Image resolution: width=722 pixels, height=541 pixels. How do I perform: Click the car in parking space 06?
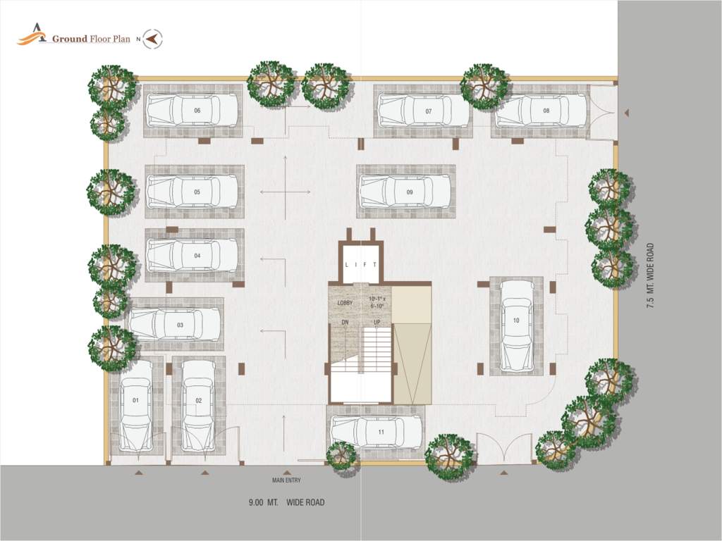[192, 111]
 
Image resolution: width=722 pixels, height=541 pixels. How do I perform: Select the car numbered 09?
[405, 192]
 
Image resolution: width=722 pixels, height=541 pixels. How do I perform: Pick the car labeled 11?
[377, 432]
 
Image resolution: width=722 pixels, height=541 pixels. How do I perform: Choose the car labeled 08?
[541, 111]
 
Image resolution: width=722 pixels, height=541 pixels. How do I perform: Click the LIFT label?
[361, 265]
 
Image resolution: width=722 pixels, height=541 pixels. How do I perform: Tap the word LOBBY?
[345, 303]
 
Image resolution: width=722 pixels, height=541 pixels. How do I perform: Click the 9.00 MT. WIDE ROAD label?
[286, 503]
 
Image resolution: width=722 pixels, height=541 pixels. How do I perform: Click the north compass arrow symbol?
[152, 39]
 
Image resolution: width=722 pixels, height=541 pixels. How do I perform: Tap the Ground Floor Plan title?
[91, 39]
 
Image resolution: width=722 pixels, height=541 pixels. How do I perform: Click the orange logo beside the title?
[32, 35]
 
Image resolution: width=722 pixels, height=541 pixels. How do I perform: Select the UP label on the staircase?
[377, 322]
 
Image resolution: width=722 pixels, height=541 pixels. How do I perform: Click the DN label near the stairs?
[345, 322]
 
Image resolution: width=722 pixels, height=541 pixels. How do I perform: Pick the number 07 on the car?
[428, 111]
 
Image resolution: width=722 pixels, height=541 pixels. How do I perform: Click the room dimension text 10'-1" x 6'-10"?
[377, 303]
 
